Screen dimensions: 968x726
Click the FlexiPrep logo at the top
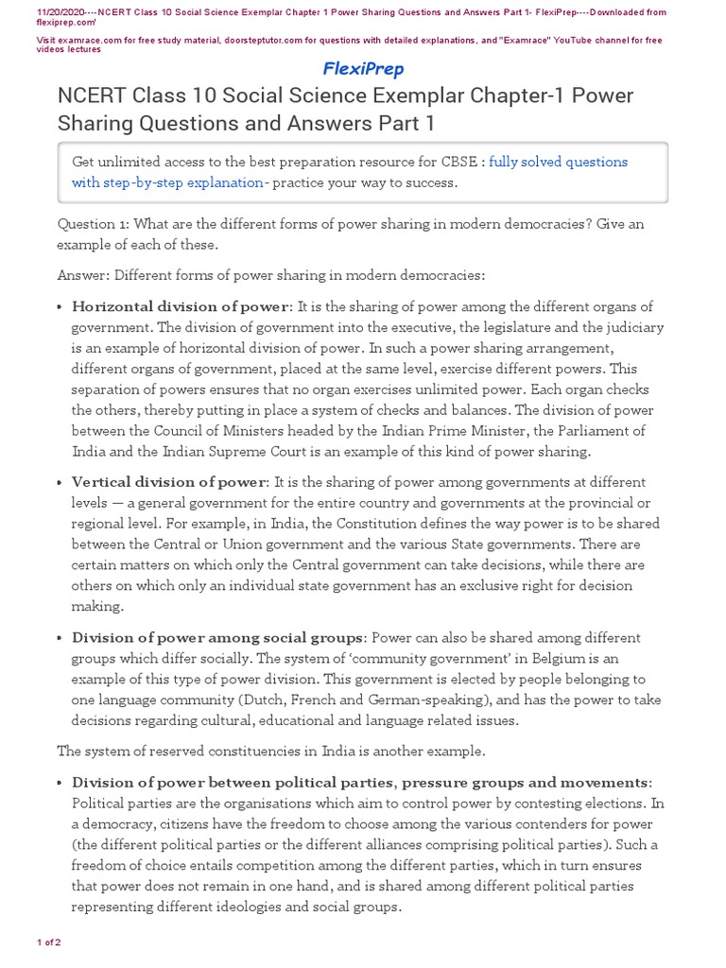[x=363, y=69]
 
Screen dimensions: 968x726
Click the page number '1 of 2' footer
[x=48, y=942]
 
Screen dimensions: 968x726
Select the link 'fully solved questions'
[x=558, y=162]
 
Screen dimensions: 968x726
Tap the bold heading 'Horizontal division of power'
[x=180, y=306]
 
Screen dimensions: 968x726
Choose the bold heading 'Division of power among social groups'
[x=217, y=637]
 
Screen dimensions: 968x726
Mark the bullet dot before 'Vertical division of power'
[x=60, y=483]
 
